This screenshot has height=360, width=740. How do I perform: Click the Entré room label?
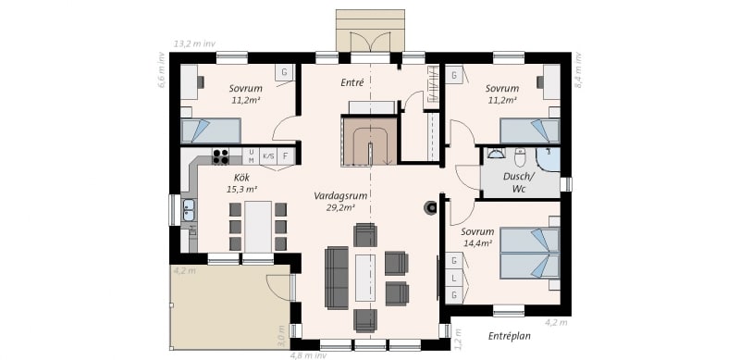pos(352,82)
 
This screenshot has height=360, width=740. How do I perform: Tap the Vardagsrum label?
pos(340,195)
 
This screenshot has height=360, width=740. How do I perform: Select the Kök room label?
pos(241,178)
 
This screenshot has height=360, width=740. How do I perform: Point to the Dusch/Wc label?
pos(519,183)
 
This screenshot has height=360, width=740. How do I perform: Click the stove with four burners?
pos(220,156)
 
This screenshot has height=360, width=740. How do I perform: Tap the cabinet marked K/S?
pos(268,155)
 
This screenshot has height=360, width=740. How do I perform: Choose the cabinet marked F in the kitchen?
pos(286,155)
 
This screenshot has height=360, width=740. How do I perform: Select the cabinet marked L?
pos(454,279)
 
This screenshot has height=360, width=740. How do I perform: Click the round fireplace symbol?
pos(430,207)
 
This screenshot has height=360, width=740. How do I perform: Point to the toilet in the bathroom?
pos(521,158)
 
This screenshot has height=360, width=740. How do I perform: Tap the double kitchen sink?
pos(189,211)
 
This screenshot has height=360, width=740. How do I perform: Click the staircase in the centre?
pos(369,142)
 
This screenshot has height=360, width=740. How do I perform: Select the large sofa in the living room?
pos(336,278)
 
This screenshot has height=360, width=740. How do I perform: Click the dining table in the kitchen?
pos(258,227)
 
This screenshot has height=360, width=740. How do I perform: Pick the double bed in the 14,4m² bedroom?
pos(529,254)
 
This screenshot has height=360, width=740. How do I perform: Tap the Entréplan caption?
pos(510,336)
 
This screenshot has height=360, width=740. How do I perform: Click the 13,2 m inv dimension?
pos(195,43)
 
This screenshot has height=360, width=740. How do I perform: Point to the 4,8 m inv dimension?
pos(308,355)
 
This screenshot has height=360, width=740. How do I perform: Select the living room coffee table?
pos(365,278)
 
